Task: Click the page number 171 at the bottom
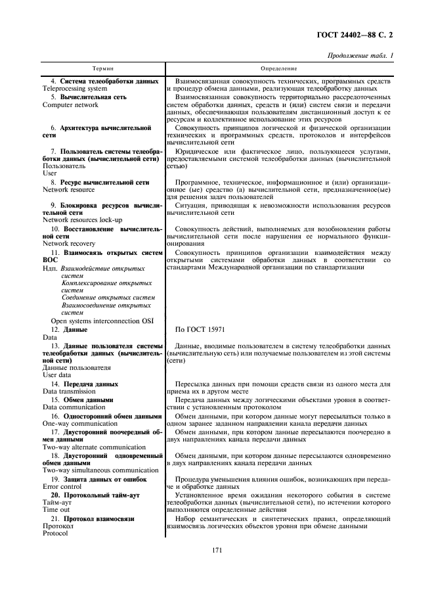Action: [217, 569]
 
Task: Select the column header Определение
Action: [278, 68]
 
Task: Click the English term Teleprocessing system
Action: [74, 88]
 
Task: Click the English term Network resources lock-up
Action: [82, 220]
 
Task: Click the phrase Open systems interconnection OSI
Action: [102, 321]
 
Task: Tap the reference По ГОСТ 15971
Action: [200, 329]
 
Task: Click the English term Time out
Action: [56, 510]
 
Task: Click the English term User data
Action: [57, 375]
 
